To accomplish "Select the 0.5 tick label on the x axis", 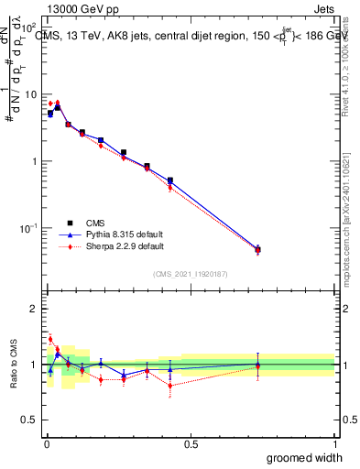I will click(x=190, y=444).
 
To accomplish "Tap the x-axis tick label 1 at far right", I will click(x=334, y=444).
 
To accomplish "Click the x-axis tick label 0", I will click(x=46, y=444).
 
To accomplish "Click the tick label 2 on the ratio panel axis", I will click(x=34, y=309).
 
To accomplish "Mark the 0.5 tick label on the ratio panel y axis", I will click(x=29, y=420).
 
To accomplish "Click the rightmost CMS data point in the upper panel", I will click(x=257, y=249).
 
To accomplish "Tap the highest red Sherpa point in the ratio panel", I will click(x=50, y=339).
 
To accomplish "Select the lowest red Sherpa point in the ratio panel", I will click(x=170, y=386).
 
